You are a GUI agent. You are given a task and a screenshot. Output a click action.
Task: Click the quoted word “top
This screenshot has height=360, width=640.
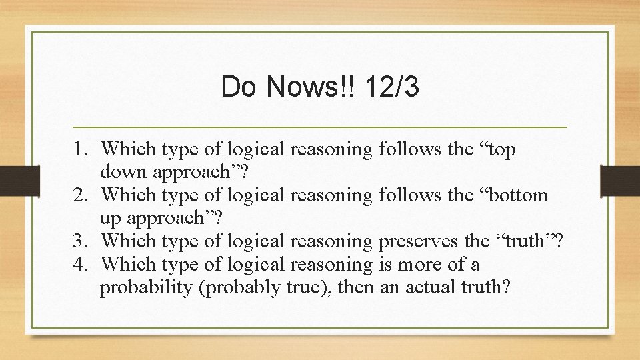(x=495, y=149)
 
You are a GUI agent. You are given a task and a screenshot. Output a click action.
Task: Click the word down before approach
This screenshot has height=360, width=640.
(x=125, y=172)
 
